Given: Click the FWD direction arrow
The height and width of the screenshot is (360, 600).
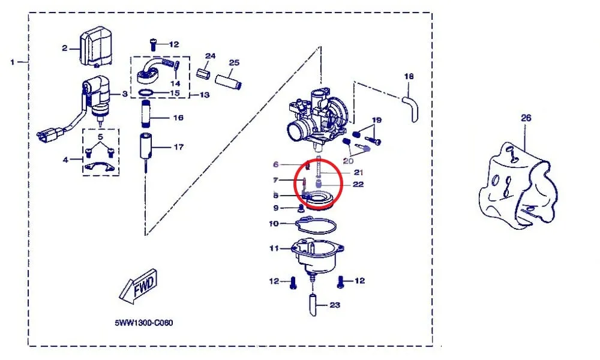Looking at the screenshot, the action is [139, 286].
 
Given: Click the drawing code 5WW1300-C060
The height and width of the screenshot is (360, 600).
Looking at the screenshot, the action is [144, 323].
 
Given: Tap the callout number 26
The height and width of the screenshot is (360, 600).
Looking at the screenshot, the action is [526, 118].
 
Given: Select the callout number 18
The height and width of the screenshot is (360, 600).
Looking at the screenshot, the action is [409, 77].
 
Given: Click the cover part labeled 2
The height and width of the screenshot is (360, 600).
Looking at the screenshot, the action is [95, 46].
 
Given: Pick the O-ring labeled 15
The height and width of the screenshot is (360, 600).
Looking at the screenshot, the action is [146, 92].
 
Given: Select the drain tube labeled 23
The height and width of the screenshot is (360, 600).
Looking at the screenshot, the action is [313, 304].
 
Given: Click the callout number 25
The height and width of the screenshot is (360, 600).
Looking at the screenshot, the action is [234, 62].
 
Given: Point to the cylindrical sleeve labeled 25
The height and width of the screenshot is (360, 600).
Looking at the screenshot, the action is [228, 82].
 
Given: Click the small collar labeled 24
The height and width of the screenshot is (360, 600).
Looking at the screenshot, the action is [203, 73].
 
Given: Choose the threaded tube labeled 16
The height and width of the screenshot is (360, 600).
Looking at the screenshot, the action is [146, 113].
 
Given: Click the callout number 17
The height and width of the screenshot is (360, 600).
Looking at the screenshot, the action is [179, 147].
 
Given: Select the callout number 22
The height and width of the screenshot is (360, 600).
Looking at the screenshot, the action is [358, 184].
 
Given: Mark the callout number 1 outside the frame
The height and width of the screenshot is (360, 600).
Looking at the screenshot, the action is [13, 62].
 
